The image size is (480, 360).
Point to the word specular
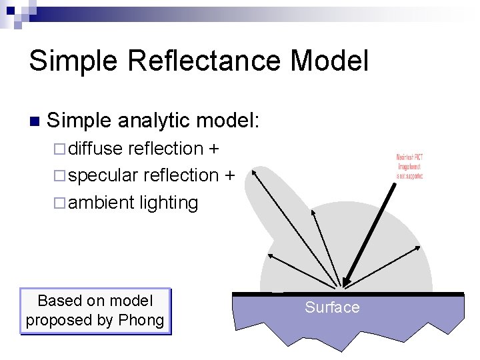(x=103, y=175)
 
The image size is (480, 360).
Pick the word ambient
(x=101, y=203)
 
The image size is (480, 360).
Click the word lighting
(x=169, y=203)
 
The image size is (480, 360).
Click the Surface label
(x=332, y=307)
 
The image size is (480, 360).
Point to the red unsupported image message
(x=409, y=167)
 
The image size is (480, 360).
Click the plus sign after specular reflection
(x=229, y=175)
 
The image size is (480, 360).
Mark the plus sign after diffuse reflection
(x=214, y=148)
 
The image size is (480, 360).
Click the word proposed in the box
(x=59, y=320)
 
